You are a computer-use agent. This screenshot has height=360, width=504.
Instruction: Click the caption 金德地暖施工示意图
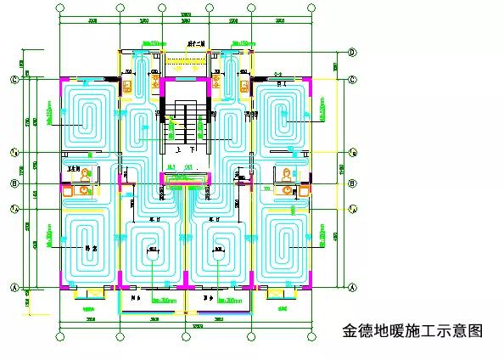(412, 329)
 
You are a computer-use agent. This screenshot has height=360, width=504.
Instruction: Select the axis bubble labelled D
(352, 52)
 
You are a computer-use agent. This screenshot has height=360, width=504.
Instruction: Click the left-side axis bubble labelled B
(14, 183)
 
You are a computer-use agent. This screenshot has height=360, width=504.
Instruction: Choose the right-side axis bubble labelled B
(352, 183)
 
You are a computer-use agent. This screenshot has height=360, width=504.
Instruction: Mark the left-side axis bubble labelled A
(14, 288)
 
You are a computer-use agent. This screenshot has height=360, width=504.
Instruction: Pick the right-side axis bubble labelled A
(352, 288)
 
